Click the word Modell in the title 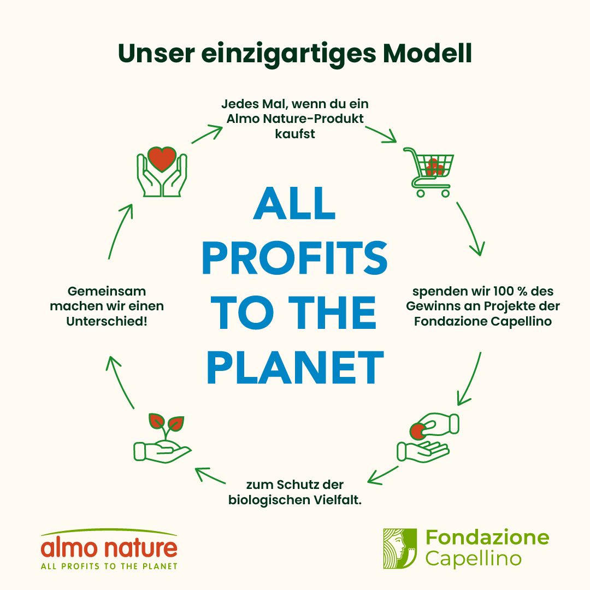point(427,54)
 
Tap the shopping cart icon point(429,172)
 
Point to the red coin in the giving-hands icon point(417,431)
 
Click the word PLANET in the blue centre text point(296,367)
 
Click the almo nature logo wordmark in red point(109,547)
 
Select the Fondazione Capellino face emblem point(400,548)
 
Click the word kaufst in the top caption point(295,134)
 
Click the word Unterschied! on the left point(107,321)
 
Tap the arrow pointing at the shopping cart point(381,134)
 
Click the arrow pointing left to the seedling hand point(210,475)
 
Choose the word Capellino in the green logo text point(473,558)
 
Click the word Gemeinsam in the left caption point(107,291)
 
